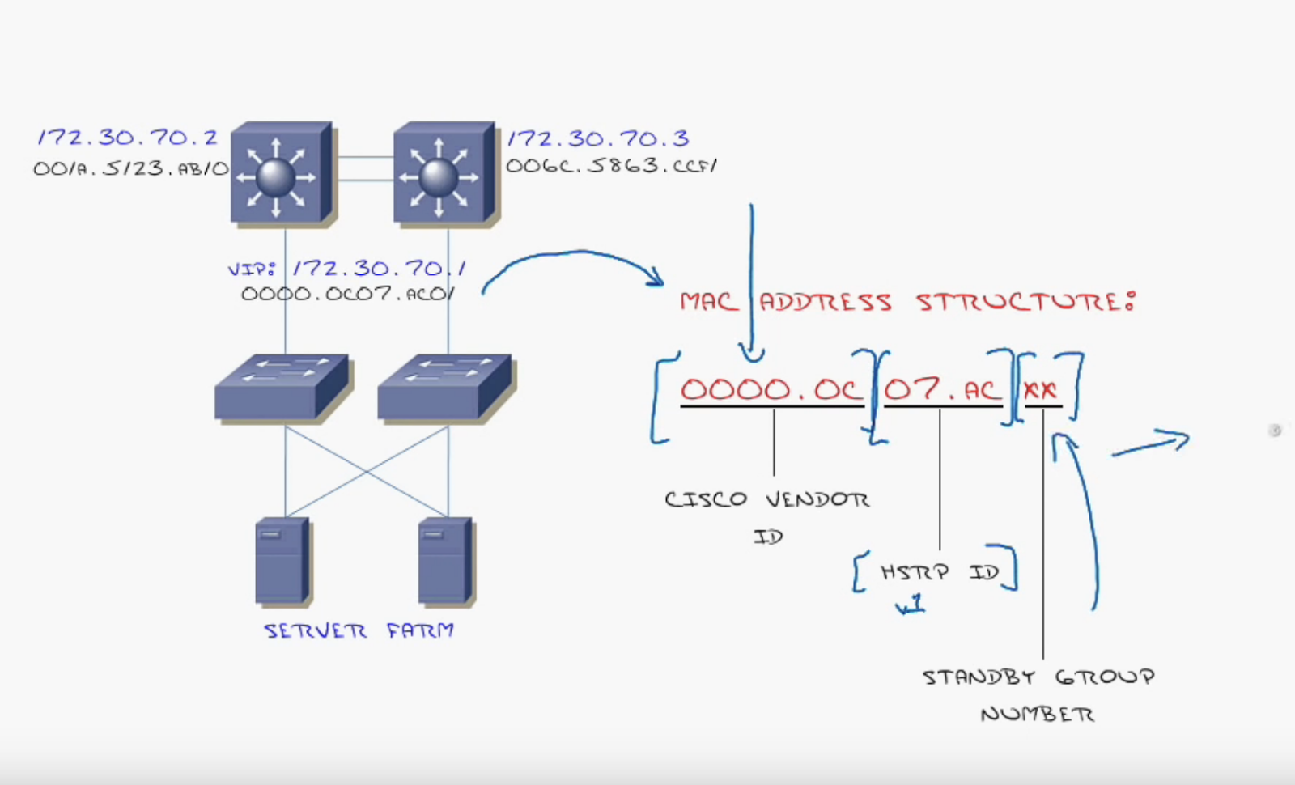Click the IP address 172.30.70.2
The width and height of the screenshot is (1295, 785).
click(128, 138)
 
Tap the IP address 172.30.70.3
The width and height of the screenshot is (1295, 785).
click(598, 138)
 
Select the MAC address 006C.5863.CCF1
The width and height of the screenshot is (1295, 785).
click(612, 166)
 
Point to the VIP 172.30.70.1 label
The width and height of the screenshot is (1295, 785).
click(347, 269)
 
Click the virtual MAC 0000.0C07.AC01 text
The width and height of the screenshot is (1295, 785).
click(347, 295)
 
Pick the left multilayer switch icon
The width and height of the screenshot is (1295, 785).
click(282, 172)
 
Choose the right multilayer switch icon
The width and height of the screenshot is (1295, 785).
click(444, 172)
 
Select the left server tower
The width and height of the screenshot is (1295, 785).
click(282, 560)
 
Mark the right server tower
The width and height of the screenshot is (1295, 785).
click(445, 560)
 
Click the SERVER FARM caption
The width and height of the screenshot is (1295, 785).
click(359, 630)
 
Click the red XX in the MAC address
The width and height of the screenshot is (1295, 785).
click(1041, 391)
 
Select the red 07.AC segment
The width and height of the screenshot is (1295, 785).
click(942, 390)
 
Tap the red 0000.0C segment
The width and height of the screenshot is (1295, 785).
click(771, 389)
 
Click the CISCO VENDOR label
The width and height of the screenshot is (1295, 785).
click(766, 499)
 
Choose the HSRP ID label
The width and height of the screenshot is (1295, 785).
click(940, 572)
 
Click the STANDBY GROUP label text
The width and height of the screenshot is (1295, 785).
click(1038, 677)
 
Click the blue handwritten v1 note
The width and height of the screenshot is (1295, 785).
click(911, 604)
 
